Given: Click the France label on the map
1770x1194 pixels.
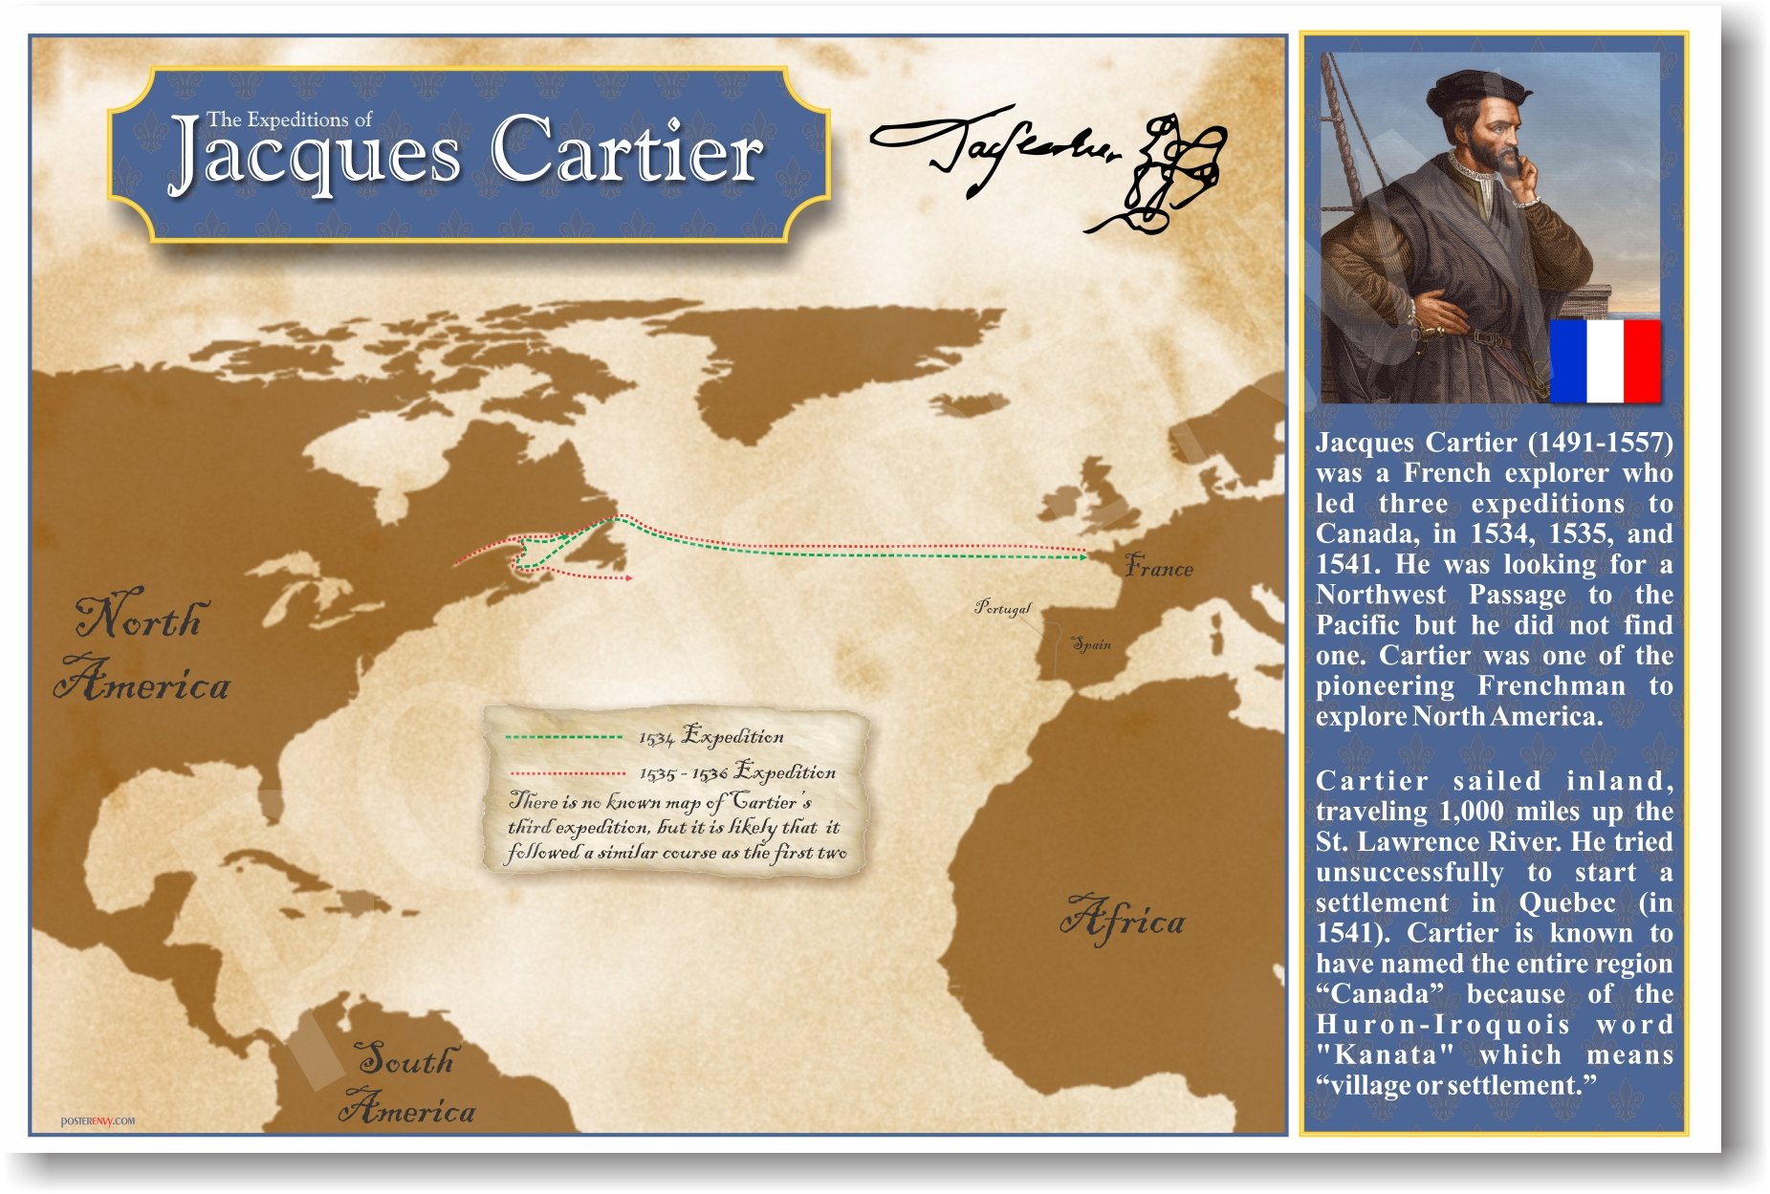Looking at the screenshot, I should (x=1158, y=567).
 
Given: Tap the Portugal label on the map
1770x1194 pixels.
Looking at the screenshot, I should (x=1003, y=607).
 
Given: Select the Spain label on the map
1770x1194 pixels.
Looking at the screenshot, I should (x=1091, y=643).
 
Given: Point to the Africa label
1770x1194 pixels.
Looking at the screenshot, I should (x=1123, y=920).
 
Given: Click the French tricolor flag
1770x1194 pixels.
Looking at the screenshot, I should (x=1605, y=361).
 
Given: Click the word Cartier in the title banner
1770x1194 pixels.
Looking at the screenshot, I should (x=627, y=152).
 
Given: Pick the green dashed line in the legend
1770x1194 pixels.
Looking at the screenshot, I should (x=563, y=737).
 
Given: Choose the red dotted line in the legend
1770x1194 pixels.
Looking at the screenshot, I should (x=568, y=772).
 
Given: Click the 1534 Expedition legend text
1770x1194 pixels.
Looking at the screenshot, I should (x=711, y=737).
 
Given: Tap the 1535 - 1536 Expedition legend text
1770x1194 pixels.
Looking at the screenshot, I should (x=737, y=772).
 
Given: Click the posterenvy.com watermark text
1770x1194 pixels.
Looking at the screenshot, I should (x=98, y=1120).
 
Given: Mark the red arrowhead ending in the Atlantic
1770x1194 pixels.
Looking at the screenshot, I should (x=628, y=578).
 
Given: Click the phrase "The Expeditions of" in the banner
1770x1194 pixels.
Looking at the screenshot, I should (x=289, y=120).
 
